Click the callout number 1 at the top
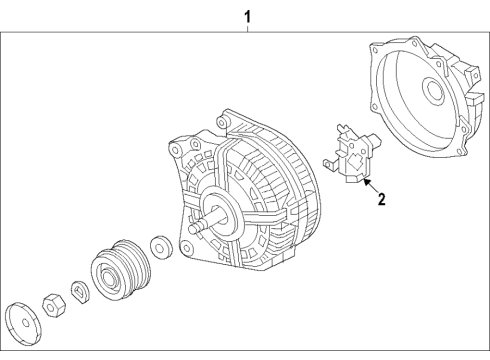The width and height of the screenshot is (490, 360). tap(247, 17)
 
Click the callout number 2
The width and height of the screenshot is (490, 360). tap(381, 199)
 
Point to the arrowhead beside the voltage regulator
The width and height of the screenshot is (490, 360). tap(366, 182)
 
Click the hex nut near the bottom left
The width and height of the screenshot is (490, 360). tap(54, 304)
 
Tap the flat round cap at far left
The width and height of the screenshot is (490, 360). tap(23, 323)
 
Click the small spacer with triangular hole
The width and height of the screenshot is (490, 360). tap(80, 292)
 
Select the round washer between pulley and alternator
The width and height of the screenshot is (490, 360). tap(162, 247)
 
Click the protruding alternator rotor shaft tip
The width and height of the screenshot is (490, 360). tap(192, 229)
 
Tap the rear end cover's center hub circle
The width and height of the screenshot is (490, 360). tap(433, 88)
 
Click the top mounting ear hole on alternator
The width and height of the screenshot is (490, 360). tap(221, 122)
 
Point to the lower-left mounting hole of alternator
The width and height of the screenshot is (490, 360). tap(187, 248)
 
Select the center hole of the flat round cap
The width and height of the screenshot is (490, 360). tap(25, 323)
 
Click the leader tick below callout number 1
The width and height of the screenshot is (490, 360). tap(247, 28)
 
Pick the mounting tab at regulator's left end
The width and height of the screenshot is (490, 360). tap(329, 163)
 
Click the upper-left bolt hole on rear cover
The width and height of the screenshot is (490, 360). tap(375, 50)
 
